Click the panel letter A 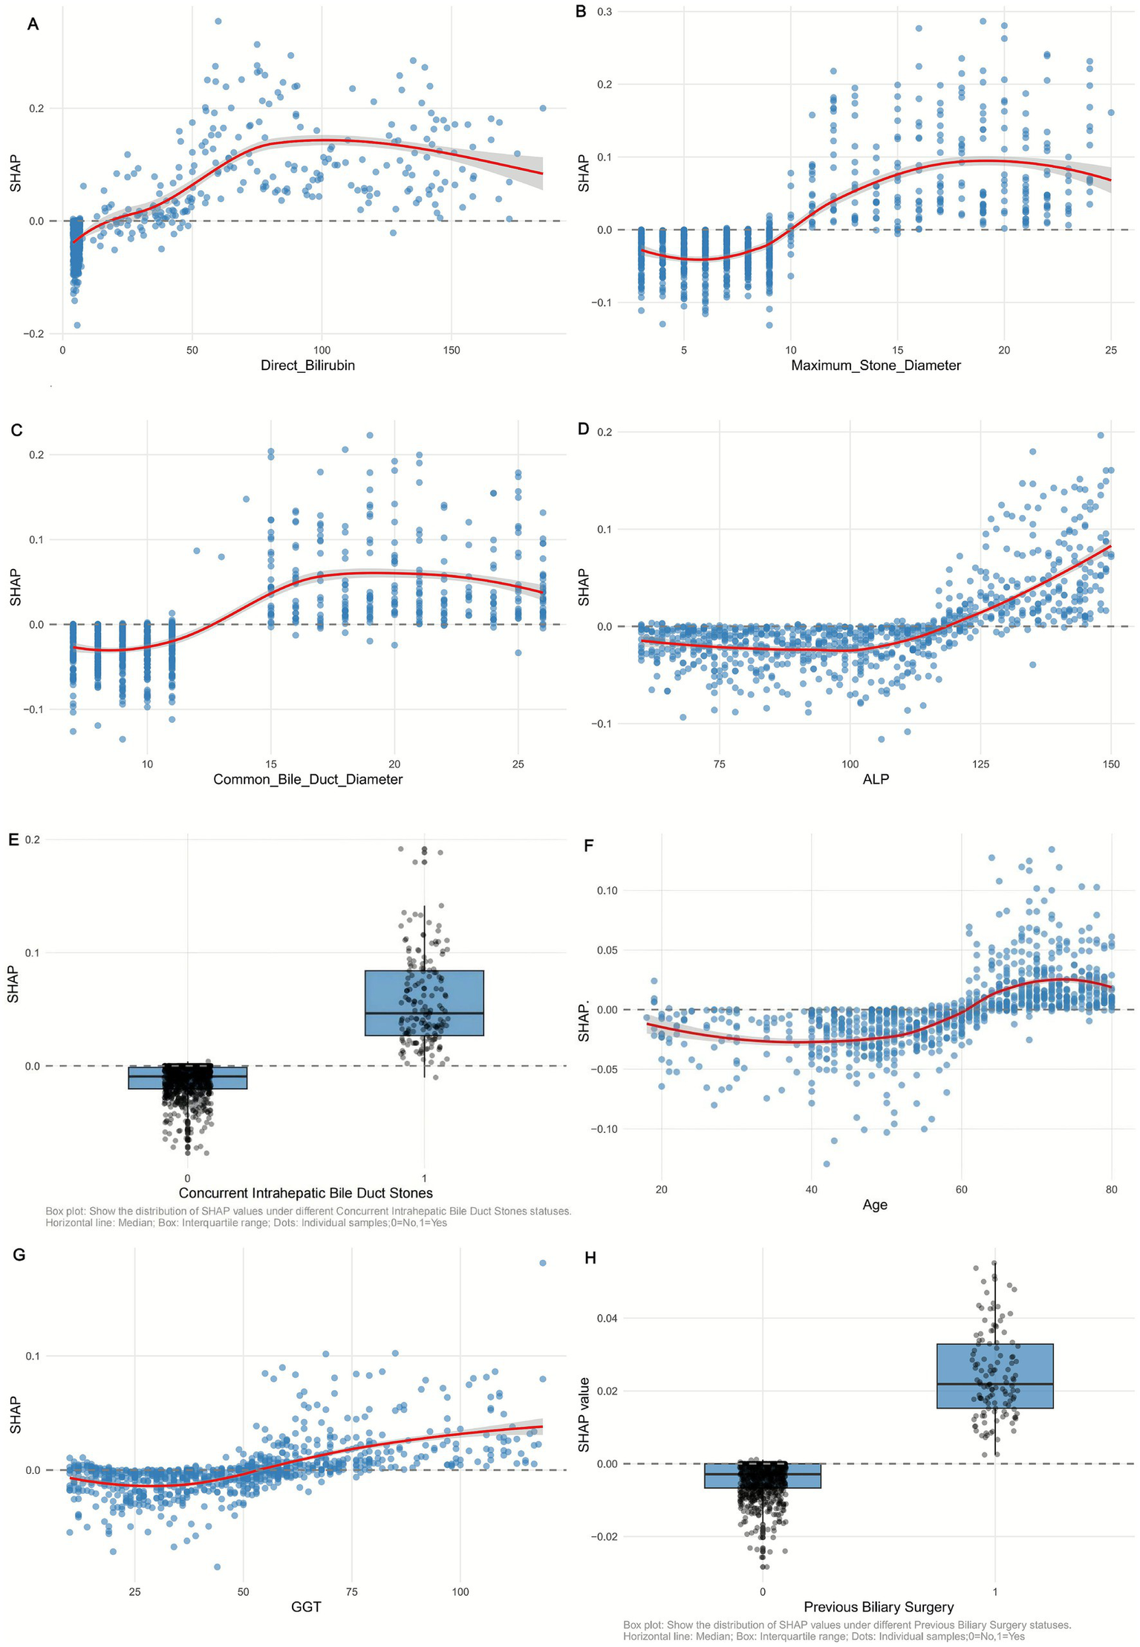pos(32,25)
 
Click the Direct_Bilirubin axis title pos(307,366)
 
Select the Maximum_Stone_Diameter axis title pos(876,366)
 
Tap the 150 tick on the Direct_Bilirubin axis pos(452,350)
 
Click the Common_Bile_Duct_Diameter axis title pos(307,779)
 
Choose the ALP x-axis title pos(876,779)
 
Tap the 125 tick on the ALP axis pos(980,764)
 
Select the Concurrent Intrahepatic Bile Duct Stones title pos(305,1193)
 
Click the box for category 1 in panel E pos(424,1002)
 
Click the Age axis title pos(875,1205)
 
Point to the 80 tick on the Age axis pos(1111,1189)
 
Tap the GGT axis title pos(306,1607)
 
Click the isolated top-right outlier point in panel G pos(542,1263)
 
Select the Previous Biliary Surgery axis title pos(879,1607)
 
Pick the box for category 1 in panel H pos(994,1376)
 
